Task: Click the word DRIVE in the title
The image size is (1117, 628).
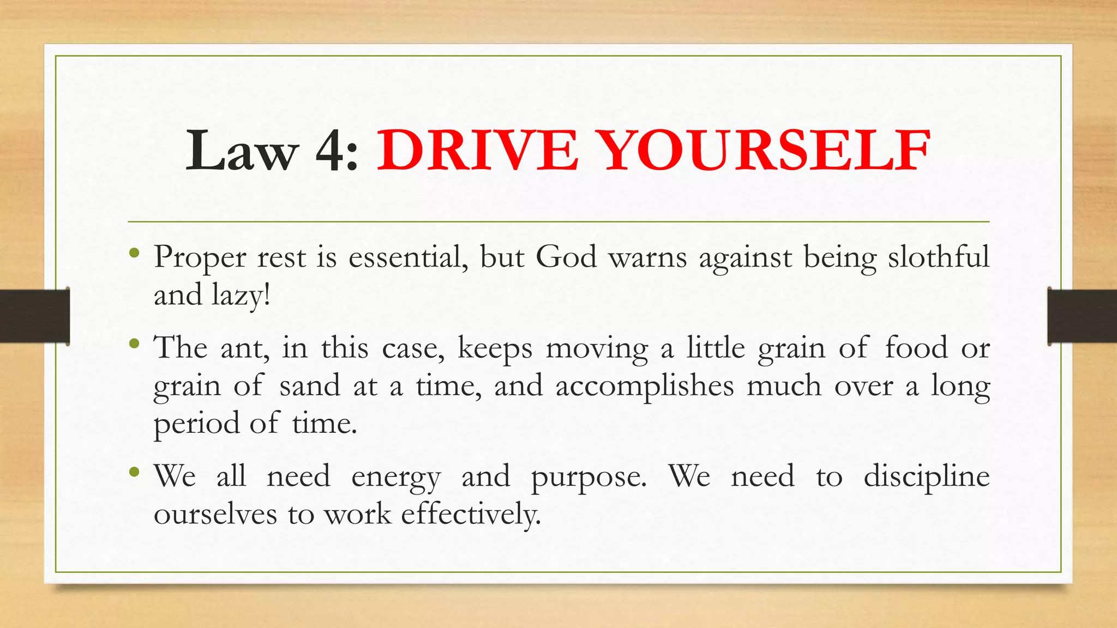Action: tap(477, 150)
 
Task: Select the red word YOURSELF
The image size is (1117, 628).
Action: tap(766, 150)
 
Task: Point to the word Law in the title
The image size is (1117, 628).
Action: tap(242, 150)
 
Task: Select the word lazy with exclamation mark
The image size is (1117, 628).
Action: tap(241, 295)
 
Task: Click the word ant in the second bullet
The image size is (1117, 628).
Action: tap(245, 347)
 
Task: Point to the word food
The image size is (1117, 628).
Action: tap(916, 347)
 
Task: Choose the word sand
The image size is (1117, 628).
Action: tap(310, 385)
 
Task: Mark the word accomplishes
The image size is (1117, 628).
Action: tap(645, 387)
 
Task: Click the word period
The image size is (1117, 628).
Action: tap(196, 424)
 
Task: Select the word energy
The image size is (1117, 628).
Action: tap(396, 477)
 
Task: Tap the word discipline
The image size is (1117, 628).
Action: tap(926, 476)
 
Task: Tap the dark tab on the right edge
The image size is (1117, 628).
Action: tap(1082, 316)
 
